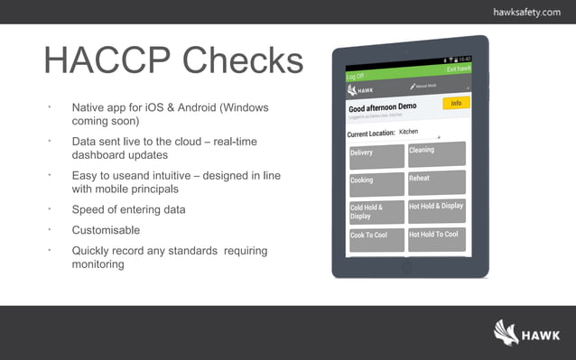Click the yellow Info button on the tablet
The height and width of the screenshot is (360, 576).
pyautogui.click(x=456, y=103)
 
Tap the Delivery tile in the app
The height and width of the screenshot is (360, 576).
pyautogui.click(x=376, y=153)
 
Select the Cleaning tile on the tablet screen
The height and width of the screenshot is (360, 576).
pyautogui.click(x=436, y=152)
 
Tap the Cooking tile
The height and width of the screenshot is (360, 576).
pyautogui.click(x=376, y=181)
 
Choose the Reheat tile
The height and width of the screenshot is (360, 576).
pyautogui.click(x=436, y=180)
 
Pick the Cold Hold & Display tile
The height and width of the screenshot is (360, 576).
pyautogui.click(x=376, y=212)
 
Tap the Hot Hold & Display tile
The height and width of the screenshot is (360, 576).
pyautogui.click(x=436, y=208)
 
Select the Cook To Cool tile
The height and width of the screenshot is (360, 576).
pyautogui.click(x=376, y=238)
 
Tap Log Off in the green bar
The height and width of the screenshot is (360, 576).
pyautogui.click(x=357, y=77)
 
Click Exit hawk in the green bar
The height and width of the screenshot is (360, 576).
pyautogui.click(x=459, y=69)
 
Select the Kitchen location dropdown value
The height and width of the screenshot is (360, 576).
pyautogui.click(x=410, y=132)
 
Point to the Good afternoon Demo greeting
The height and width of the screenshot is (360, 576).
pyautogui.click(x=384, y=107)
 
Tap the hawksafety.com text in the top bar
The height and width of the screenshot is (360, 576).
pyautogui.click(x=526, y=12)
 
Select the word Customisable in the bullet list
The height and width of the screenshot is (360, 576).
pyautogui.click(x=106, y=230)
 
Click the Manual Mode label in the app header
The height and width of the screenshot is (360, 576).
pyautogui.click(x=424, y=87)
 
